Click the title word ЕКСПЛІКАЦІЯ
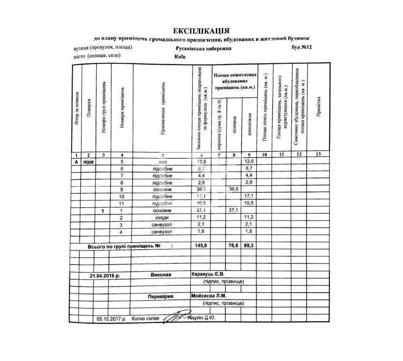(201, 31)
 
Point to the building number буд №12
(302, 47)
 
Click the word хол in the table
(162, 162)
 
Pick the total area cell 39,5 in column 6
(201, 189)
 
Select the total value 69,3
(249, 246)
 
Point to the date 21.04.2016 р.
(105, 275)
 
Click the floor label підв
(89, 162)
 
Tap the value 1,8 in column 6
(201, 231)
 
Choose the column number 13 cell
(319, 155)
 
